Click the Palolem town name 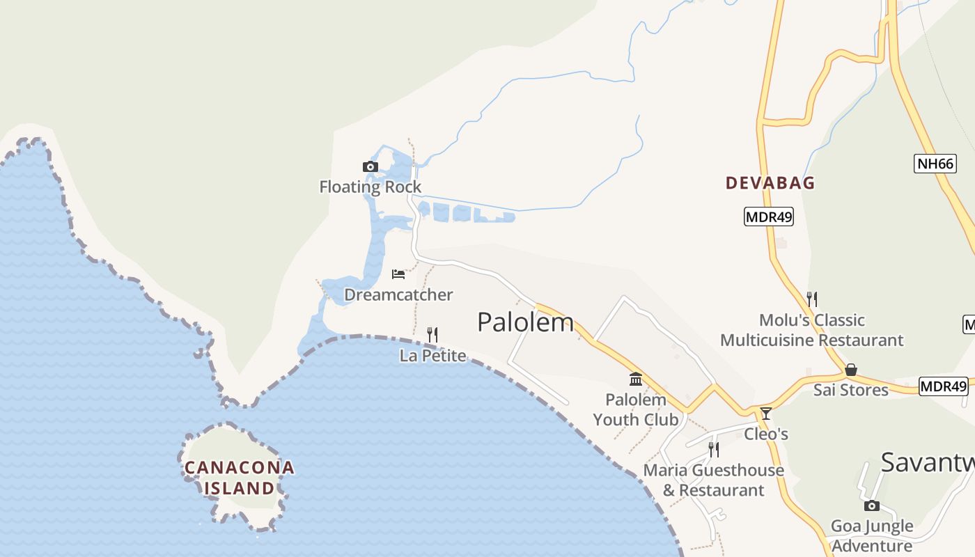pyautogui.click(x=526, y=322)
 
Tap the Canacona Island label pyautogui.click(x=239, y=478)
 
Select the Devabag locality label pyautogui.click(x=770, y=183)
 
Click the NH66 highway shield pyautogui.click(x=935, y=164)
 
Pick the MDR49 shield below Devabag pyautogui.click(x=769, y=217)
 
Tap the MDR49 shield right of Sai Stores pyautogui.click(x=944, y=386)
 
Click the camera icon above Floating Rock pyautogui.click(x=370, y=166)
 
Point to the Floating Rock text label pyautogui.click(x=370, y=187)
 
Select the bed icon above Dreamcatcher pyautogui.click(x=398, y=274)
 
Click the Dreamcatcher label pyautogui.click(x=398, y=295)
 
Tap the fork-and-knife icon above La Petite pyautogui.click(x=432, y=335)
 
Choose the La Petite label pyautogui.click(x=432, y=356)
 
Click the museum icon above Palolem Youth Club pyautogui.click(x=636, y=379)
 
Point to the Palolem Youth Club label pyautogui.click(x=635, y=409)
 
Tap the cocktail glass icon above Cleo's pyautogui.click(x=766, y=414)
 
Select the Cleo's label pyautogui.click(x=766, y=434)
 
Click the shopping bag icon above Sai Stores pyautogui.click(x=850, y=370)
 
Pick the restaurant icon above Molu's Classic pyautogui.click(x=811, y=299)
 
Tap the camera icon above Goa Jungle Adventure pyautogui.click(x=871, y=505)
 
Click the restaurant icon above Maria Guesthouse pyautogui.click(x=713, y=450)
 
